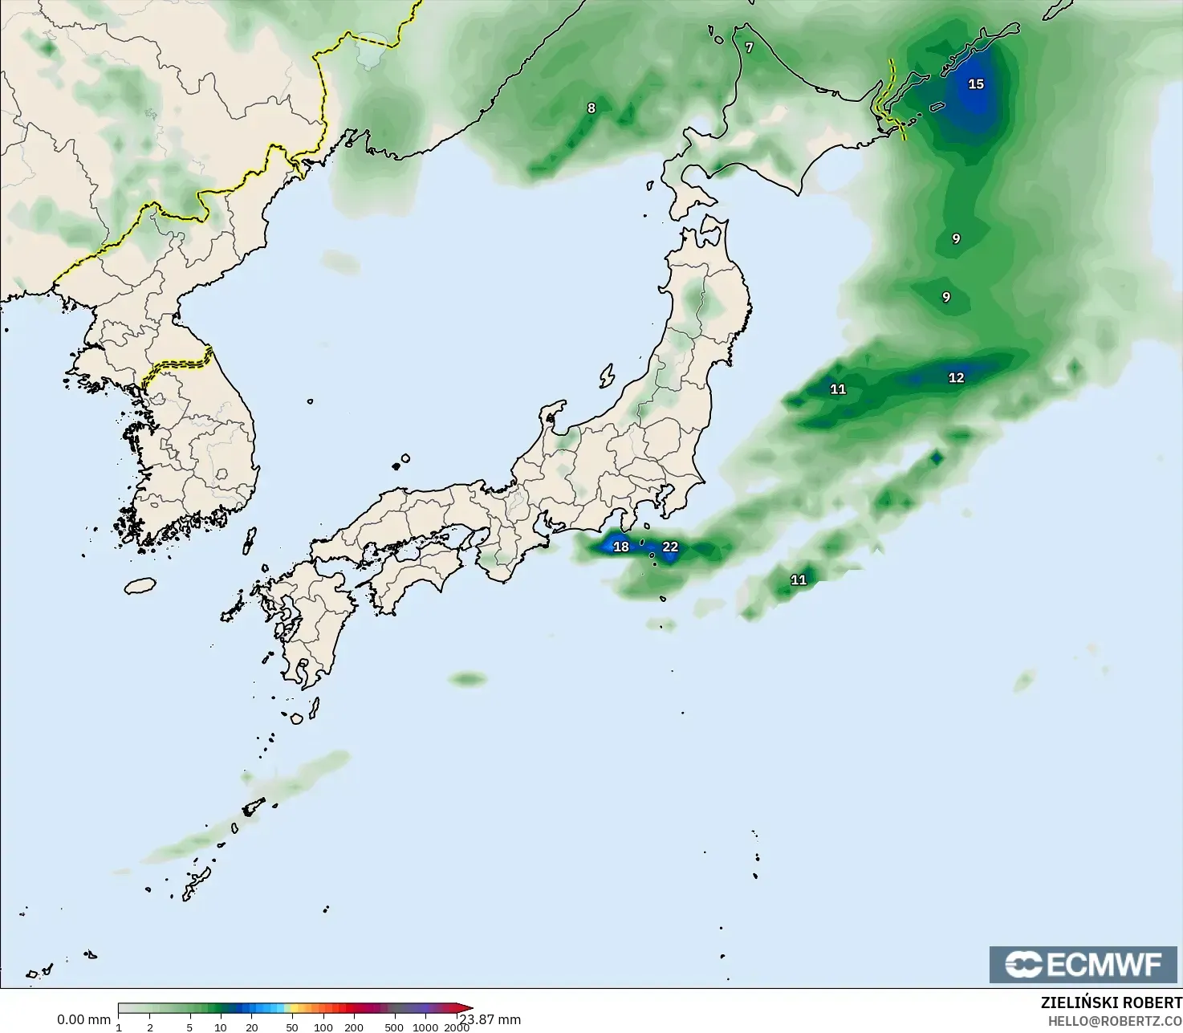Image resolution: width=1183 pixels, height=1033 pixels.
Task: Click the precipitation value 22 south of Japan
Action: [x=670, y=547]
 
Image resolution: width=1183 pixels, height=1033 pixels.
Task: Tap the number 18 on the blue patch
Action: [x=621, y=547]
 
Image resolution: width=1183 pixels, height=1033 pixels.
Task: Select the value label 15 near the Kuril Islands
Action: [x=976, y=84]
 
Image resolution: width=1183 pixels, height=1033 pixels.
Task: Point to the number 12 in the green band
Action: [x=956, y=378]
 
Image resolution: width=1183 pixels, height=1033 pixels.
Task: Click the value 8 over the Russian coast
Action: [x=591, y=108]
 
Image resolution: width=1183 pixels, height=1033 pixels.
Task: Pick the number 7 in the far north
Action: [x=749, y=48]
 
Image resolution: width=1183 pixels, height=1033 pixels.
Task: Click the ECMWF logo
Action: [x=1083, y=964]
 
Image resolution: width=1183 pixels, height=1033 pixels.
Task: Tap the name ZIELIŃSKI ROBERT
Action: [x=1111, y=1003]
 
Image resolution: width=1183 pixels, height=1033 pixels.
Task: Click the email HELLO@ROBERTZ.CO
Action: [x=1115, y=1021]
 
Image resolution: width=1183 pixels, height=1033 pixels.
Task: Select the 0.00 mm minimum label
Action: [x=83, y=1019]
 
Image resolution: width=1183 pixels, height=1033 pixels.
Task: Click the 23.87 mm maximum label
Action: [x=491, y=1019]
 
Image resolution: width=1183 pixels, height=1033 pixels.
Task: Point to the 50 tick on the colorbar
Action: [x=292, y=1027]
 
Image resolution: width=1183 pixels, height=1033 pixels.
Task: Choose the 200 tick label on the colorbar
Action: [x=354, y=1027]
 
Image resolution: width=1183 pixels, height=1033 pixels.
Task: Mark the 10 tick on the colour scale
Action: [x=220, y=1027]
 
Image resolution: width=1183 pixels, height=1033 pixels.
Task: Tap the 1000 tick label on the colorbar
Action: [x=425, y=1027]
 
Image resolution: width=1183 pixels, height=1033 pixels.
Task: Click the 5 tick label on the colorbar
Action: [x=189, y=1027]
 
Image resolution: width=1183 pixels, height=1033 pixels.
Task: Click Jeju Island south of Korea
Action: [x=140, y=585]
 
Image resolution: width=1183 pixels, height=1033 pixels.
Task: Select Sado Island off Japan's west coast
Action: [x=606, y=376]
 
